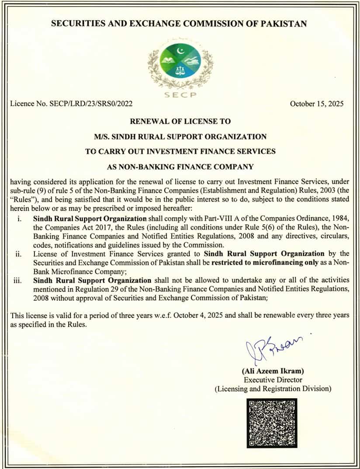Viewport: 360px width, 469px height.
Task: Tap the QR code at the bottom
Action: click(x=272, y=422)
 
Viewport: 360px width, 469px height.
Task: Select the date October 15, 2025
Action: click(x=317, y=104)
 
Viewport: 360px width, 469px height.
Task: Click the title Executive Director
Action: click(x=273, y=380)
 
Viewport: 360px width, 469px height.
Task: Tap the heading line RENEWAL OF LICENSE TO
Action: click(x=180, y=121)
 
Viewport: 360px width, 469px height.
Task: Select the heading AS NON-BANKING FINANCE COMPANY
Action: click(x=180, y=167)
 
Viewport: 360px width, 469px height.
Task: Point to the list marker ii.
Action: click(x=19, y=254)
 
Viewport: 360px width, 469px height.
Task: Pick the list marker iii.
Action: click(x=19, y=280)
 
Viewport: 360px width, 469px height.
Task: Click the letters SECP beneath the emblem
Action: click(x=180, y=95)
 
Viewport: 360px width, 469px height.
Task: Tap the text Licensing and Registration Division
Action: click(x=273, y=388)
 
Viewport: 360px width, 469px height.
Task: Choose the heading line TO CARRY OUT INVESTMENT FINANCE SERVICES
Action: click(x=180, y=151)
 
